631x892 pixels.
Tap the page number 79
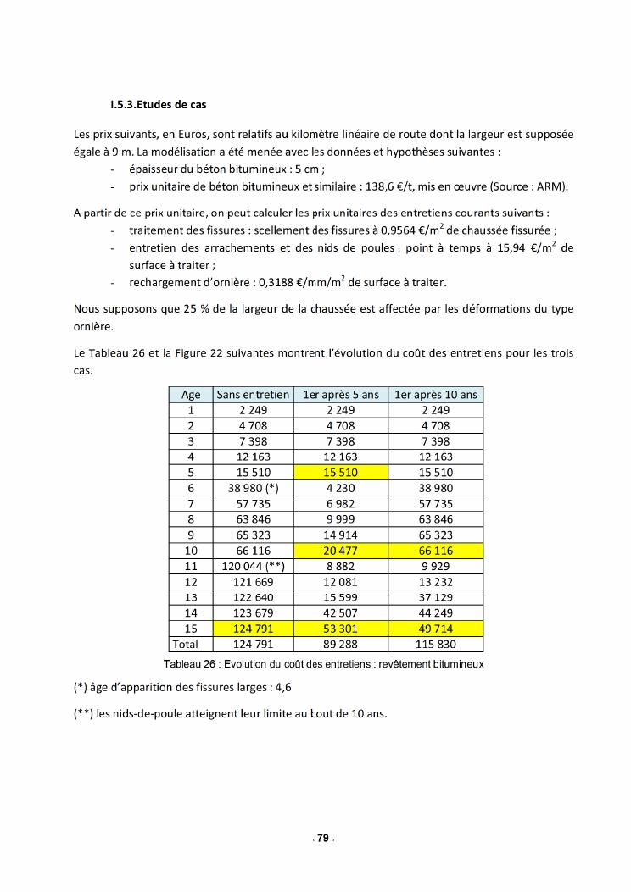(322, 838)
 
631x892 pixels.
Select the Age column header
(191, 394)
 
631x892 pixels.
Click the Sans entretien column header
(253, 394)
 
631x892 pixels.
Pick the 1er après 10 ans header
(436, 394)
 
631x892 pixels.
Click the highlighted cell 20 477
(340, 551)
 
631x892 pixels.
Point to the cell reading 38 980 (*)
(253, 488)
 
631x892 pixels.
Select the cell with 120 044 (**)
(253, 567)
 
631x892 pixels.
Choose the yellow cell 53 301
(340, 629)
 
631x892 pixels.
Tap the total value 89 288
(340, 645)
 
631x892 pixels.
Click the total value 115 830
(436, 645)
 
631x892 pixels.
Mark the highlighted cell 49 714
(436, 629)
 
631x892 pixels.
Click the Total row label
(191, 645)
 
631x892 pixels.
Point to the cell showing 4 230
(340, 488)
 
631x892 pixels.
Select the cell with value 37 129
(436, 597)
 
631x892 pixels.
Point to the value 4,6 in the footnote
(283, 688)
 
